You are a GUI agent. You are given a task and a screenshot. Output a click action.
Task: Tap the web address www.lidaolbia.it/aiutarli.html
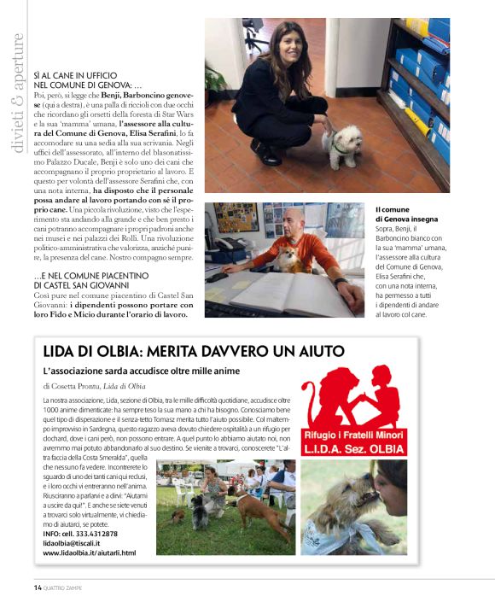(x=90, y=553)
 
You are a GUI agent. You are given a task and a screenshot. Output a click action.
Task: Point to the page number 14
(x=38, y=588)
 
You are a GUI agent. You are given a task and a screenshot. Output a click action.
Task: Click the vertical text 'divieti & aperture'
(x=17, y=93)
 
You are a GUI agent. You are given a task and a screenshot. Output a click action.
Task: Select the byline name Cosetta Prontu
(x=79, y=386)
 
